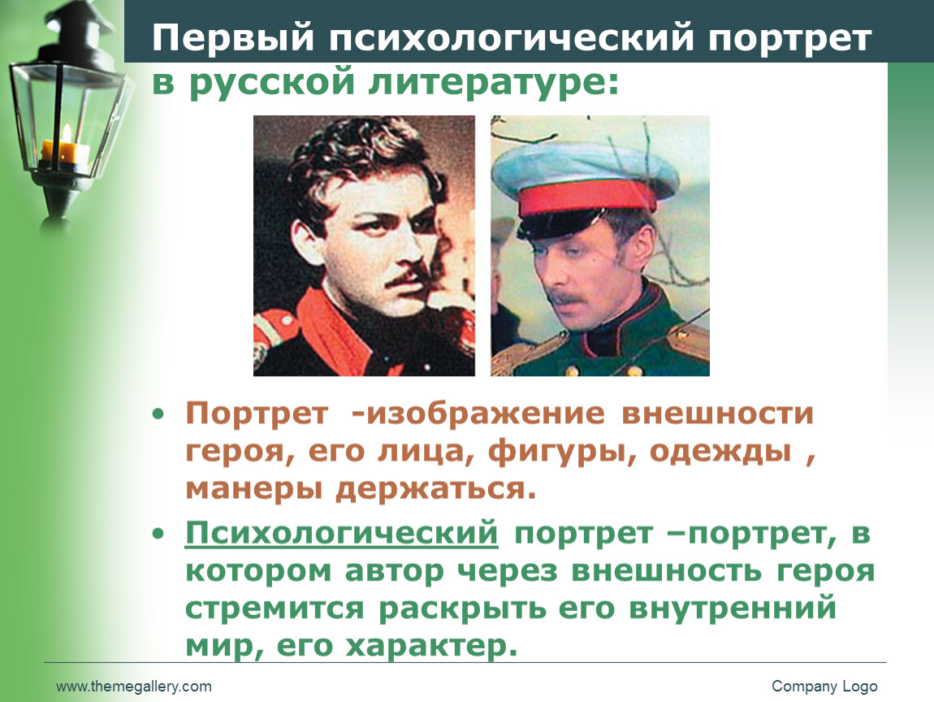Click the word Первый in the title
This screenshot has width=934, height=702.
click(233, 37)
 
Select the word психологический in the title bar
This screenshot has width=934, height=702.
click(511, 39)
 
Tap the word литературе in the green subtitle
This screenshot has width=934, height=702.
click(494, 81)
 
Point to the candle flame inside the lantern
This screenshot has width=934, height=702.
click(67, 133)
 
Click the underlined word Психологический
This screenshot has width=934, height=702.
click(341, 533)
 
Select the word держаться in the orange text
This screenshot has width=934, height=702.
click(435, 490)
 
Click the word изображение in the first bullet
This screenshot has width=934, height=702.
click(486, 414)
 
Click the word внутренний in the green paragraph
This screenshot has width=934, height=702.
click(733, 609)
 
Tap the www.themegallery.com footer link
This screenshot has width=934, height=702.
click(134, 687)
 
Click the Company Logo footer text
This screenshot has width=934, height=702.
click(824, 687)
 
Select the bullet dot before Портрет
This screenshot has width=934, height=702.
click(158, 414)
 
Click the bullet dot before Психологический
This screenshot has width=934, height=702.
click(158, 534)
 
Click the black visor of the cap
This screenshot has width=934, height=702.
click(557, 225)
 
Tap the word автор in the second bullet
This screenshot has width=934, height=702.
click(395, 571)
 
